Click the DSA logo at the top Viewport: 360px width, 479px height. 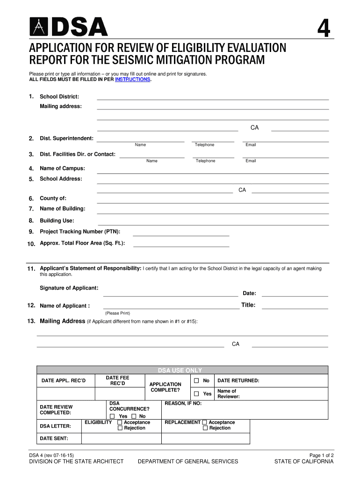point(69,27)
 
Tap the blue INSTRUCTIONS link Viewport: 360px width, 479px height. point(133,80)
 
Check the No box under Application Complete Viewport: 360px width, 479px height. point(197,381)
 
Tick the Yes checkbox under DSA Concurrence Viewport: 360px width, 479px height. point(112,416)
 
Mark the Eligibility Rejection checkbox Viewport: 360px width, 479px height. point(120,428)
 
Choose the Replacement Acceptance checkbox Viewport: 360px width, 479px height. point(204,422)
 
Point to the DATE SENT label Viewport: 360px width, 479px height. point(54,438)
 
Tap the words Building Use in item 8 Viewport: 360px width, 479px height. point(57,220)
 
